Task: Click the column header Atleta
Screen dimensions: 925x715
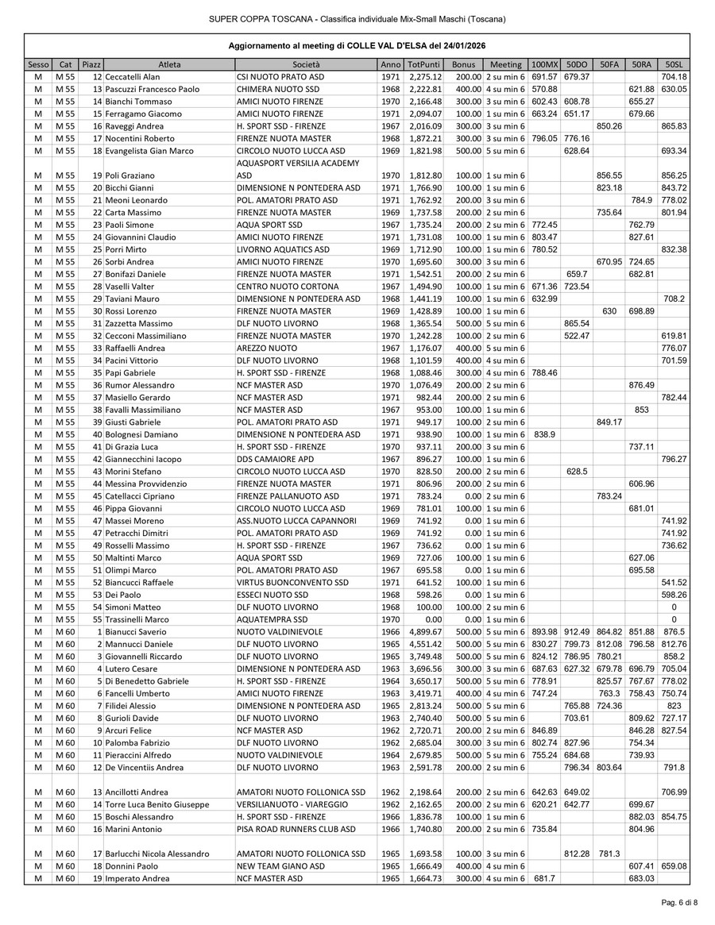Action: (x=168, y=64)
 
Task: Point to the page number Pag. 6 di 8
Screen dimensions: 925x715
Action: (x=680, y=903)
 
